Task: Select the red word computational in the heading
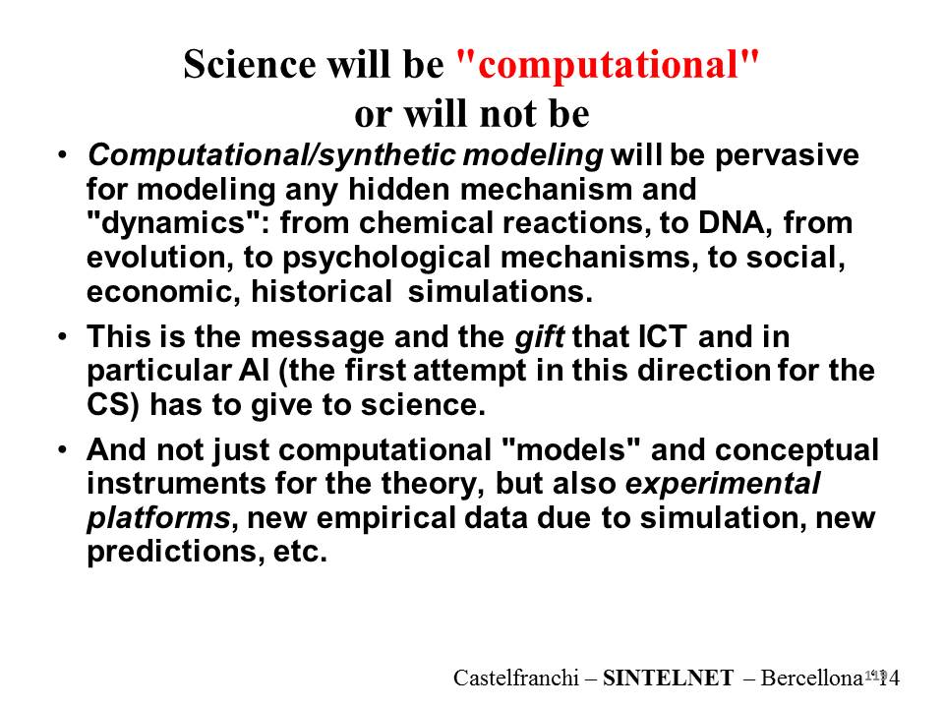[608, 65]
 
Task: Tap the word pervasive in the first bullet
[787, 156]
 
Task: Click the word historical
[321, 292]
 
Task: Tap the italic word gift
[540, 337]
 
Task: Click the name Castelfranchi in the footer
[516, 678]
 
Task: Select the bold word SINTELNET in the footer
[669, 678]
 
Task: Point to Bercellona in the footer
[812, 678]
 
